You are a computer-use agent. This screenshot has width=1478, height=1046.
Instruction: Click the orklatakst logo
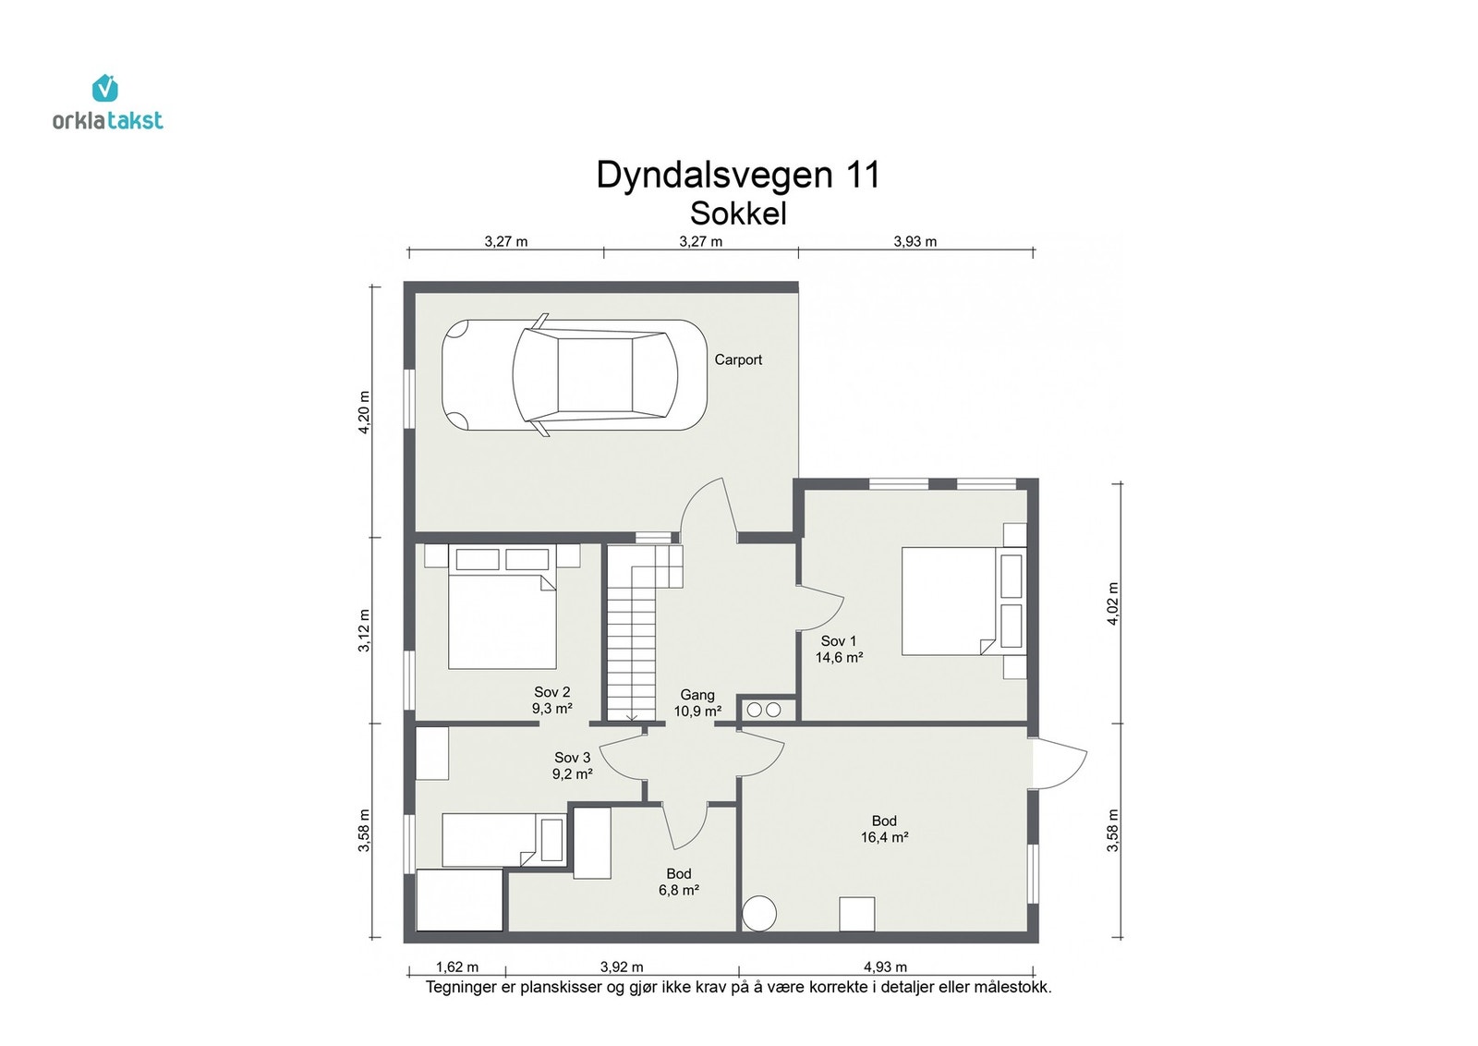tap(107, 103)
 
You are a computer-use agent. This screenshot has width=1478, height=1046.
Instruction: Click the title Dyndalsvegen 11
tap(737, 175)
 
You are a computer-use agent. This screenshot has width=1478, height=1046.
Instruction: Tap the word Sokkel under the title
tap(737, 213)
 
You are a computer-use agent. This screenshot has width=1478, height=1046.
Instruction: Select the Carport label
tap(737, 360)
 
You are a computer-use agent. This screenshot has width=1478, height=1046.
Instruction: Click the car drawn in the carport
tap(575, 375)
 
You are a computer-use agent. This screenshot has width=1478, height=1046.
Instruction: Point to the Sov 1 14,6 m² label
tap(838, 650)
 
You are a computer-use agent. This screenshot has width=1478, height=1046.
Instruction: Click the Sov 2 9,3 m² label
tap(551, 700)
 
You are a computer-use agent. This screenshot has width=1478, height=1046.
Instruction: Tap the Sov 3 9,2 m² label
tap(572, 766)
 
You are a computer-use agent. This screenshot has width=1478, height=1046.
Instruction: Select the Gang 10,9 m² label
tap(697, 703)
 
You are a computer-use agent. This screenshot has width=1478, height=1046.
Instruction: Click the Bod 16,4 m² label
tap(884, 829)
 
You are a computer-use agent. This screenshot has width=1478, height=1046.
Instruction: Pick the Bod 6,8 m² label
tap(678, 882)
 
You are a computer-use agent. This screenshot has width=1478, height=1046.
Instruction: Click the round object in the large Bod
tap(761, 914)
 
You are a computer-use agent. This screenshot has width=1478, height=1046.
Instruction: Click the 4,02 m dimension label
tap(1113, 603)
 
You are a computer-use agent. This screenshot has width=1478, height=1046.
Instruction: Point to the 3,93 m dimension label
tap(915, 242)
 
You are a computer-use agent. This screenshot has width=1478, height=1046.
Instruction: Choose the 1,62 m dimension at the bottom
tap(456, 967)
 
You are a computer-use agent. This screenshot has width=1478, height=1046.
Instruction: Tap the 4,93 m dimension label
tap(884, 967)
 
